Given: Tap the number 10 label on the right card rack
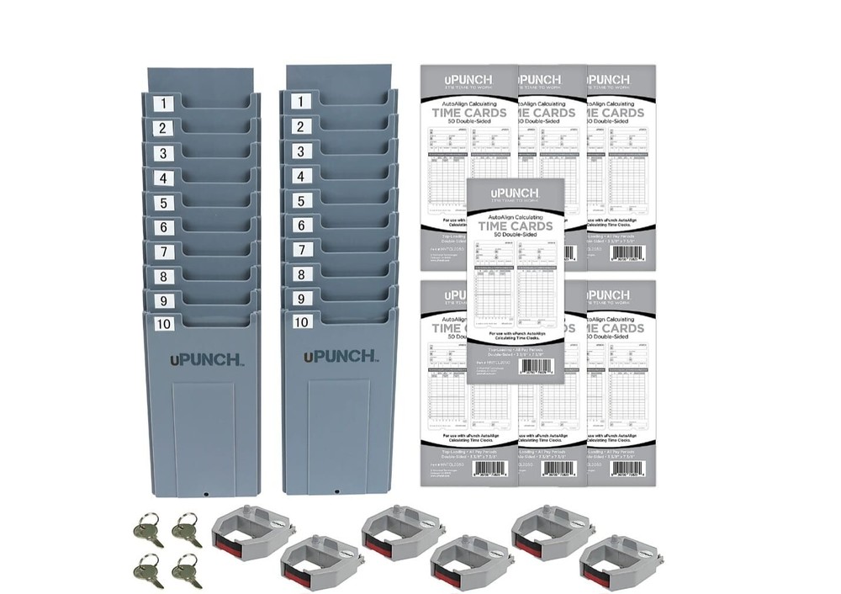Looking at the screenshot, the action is coord(302,321).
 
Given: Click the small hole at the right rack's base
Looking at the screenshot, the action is coord(336,489).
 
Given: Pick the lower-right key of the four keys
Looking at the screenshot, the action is coord(186,572).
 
